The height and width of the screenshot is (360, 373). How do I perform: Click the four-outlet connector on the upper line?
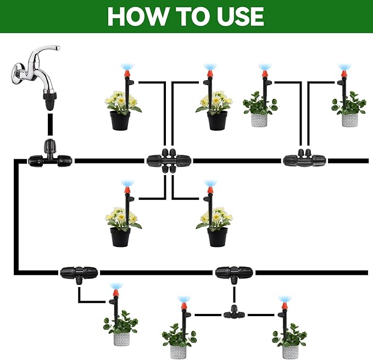click(168, 160)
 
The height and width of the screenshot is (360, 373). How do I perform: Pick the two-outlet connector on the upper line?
click(304, 160)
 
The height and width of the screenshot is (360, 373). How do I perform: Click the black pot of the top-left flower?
click(120, 120)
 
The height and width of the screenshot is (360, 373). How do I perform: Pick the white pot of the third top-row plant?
click(259, 120)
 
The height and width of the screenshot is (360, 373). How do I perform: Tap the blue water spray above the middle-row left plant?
click(127, 182)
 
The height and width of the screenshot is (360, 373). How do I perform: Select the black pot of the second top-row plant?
click(217, 120)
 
